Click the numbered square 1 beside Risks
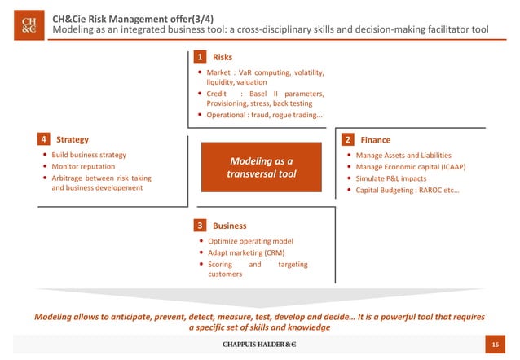click(x=199, y=58)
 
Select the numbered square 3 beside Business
click(x=199, y=225)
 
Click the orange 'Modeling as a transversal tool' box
click(x=262, y=167)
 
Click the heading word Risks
click(x=223, y=58)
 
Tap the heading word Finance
click(x=376, y=139)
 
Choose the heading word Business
click(x=229, y=225)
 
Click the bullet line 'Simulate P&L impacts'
click(x=390, y=179)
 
